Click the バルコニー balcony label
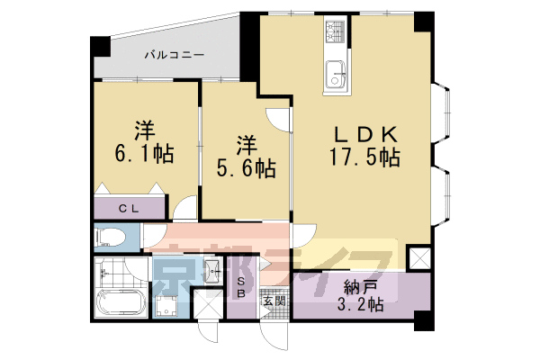(x=175, y=55)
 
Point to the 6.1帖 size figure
(x=141, y=152)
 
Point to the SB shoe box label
(x=241, y=289)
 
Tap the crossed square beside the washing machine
(x=207, y=306)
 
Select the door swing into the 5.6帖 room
(x=281, y=117)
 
